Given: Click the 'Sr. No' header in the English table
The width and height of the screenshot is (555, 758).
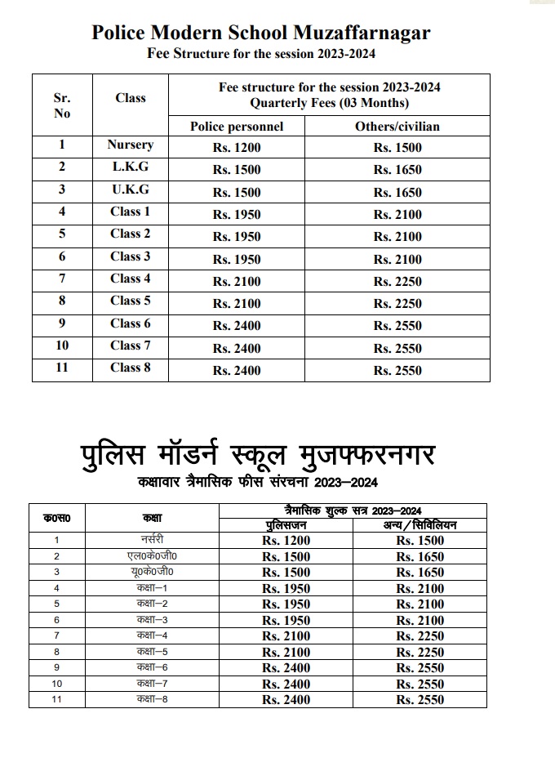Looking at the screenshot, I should click(62, 105).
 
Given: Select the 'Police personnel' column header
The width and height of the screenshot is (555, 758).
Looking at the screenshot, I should click(237, 127).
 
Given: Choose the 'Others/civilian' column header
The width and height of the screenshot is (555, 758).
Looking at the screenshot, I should click(397, 127).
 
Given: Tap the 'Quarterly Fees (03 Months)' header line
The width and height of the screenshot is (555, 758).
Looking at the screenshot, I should click(329, 103).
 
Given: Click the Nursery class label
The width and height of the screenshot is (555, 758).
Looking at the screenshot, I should click(131, 145).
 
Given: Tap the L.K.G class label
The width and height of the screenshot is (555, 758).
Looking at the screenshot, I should click(131, 167).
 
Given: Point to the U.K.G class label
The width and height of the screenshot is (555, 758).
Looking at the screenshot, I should click(131, 189).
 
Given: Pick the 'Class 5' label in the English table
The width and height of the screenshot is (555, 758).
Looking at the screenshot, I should click(131, 301).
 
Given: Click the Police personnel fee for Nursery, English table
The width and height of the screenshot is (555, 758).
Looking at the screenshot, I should click(237, 148).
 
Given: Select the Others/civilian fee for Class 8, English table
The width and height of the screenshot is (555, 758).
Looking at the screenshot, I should click(397, 371).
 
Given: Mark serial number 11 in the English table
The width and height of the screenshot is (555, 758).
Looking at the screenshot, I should click(62, 368).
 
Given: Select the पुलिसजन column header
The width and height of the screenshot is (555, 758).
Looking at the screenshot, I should click(286, 525).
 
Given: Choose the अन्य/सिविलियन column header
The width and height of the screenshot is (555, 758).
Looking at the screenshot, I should click(420, 525).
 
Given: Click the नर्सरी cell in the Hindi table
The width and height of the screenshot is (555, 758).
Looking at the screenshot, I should click(152, 540).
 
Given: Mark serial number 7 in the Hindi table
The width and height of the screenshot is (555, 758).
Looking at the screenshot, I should click(56, 635).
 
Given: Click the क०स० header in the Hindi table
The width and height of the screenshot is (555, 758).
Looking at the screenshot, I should click(56, 518).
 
